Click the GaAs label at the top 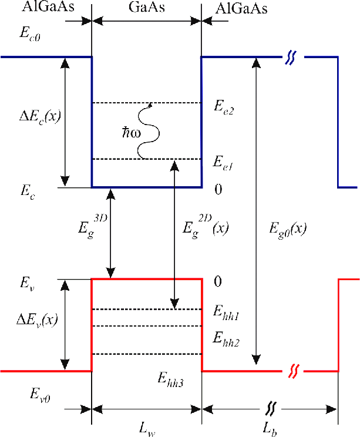(x=147, y=7)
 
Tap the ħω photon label (x=132, y=133)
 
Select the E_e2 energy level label (x=224, y=107)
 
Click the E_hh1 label (x=226, y=313)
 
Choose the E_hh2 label (x=226, y=339)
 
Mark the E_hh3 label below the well (x=170, y=379)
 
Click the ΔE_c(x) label (x=40, y=117)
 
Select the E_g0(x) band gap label (x=288, y=230)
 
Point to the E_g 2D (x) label (x=206, y=227)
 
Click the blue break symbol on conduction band (x=291, y=58)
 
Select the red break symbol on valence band (x=293, y=371)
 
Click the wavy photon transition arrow (x=148, y=131)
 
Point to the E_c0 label (x=30, y=34)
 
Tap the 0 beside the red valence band (x=218, y=281)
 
